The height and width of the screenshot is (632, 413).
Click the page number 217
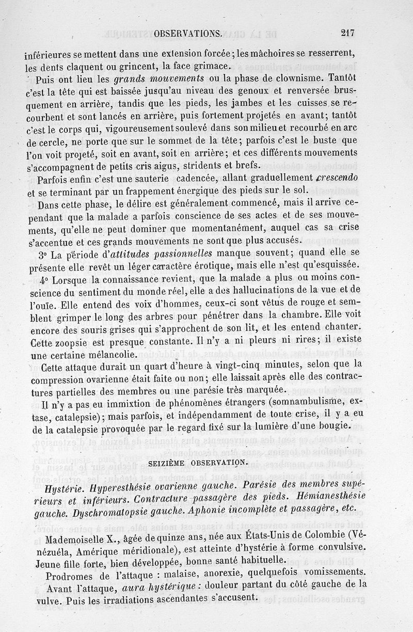347,34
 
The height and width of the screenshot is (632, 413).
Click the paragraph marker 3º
43,254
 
